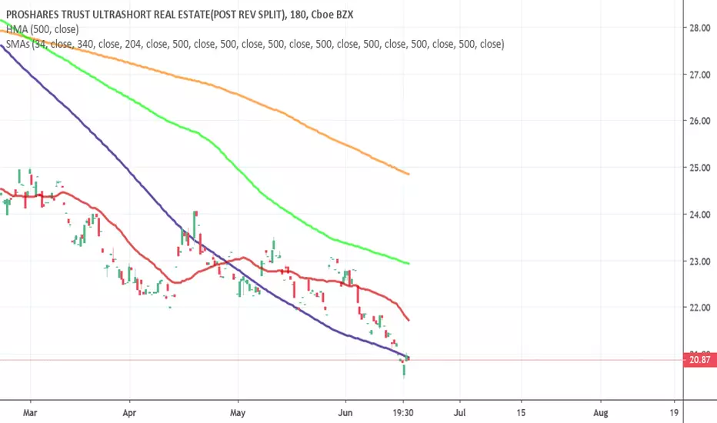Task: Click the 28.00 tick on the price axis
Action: tap(699, 28)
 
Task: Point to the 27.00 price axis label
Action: tap(699, 75)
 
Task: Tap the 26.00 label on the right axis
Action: tap(699, 121)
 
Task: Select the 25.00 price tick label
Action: tap(699, 168)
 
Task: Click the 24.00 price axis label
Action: tap(699, 214)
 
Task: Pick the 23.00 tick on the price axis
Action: tap(699, 261)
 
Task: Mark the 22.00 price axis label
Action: tap(699, 308)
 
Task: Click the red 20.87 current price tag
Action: tap(699, 360)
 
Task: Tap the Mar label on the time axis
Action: tap(30, 413)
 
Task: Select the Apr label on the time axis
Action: tap(129, 413)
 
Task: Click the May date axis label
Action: tap(238, 413)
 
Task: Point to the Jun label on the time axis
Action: tap(345, 413)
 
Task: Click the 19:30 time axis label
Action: tap(403, 413)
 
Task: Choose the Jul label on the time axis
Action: tap(459, 413)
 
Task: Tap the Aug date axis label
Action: tap(600, 413)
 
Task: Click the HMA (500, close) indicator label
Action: tap(42, 29)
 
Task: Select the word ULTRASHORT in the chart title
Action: tap(122, 15)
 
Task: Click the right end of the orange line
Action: tap(409, 175)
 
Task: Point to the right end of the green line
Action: tap(409, 263)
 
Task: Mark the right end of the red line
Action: tap(409, 320)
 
